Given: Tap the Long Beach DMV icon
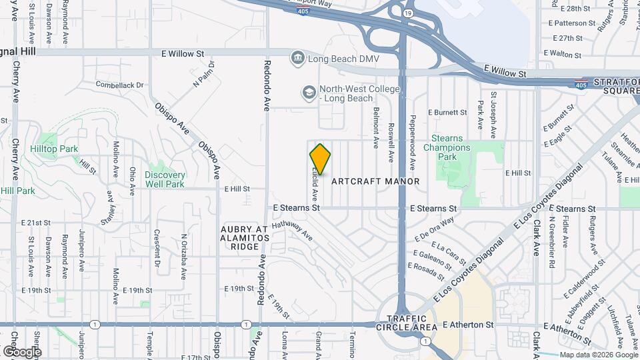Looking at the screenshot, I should click(x=297, y=59).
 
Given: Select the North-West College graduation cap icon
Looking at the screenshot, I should click(x=309, y=93).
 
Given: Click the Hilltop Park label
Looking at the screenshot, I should click(x=58, y=149).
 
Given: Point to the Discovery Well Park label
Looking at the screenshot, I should click(x=165, y=179).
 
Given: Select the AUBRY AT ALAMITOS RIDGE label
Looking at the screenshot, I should click(x=244, y=238).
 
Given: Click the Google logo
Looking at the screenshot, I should click(x=22, y=351).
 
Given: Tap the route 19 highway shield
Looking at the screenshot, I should click(x=408, y=13).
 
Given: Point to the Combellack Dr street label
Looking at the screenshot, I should click(x=120, y=85).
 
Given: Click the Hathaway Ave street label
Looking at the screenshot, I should click(x=291, y=231).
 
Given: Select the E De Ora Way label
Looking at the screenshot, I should click(x=434, y=228).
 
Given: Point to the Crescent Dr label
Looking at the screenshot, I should click(x=157, y=247).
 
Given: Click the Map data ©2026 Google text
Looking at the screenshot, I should click(x=598, y=355).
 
